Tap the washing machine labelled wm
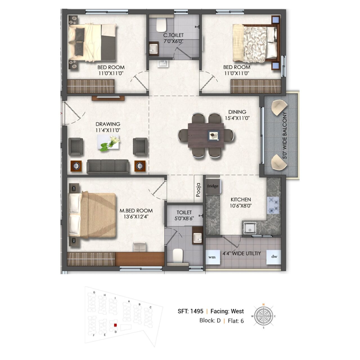tap(213, 257)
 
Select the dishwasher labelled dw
tap(273, 257)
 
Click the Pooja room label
tap(198, 190)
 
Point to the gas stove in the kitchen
tap(273, 205)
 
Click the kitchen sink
tap(249, 228)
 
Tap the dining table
tap(206, 135)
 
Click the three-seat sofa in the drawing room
tap(108, 166)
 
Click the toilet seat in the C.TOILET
tap(161, 25)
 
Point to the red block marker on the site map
tap(116, 325)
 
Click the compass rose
tap(263, 316)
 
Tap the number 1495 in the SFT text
tap(197, 311)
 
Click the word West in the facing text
tap(237, 311)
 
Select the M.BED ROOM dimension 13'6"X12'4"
tap(136, 217)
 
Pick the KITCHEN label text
tap(241, 199)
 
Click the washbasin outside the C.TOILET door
tap(163, 64)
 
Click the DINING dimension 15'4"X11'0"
tap(237, 118)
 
